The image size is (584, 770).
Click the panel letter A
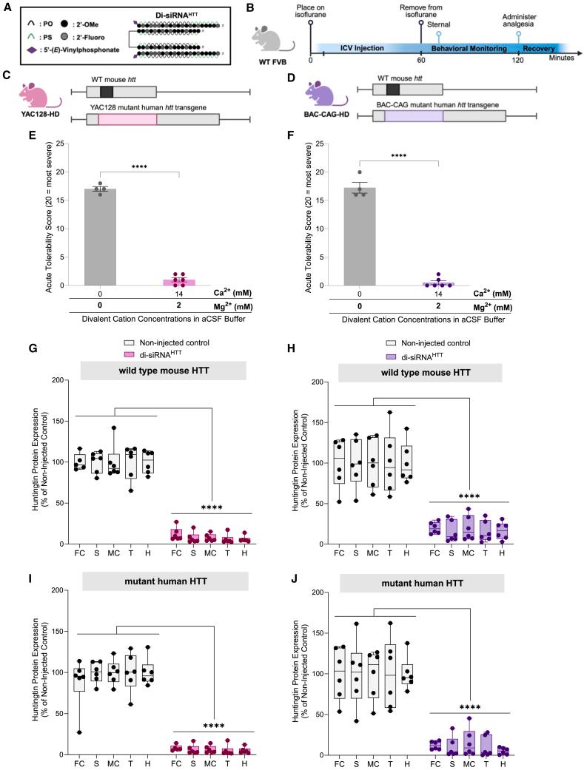7,7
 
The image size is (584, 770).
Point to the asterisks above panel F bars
399,156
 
